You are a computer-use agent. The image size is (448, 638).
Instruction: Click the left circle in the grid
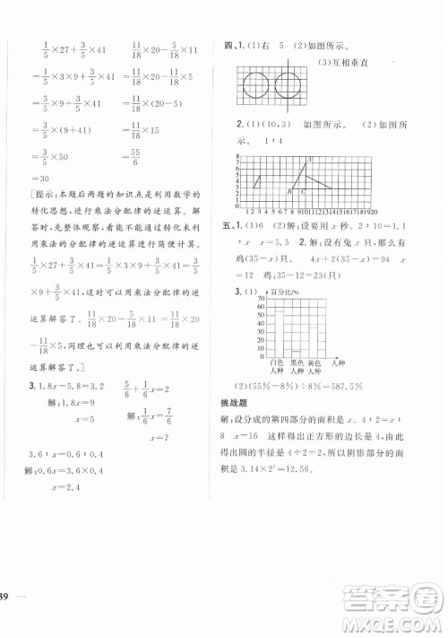pyautogui.click(x=257, y=89)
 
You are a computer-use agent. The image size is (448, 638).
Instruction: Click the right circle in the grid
pyautogui.click(x=289, y=89)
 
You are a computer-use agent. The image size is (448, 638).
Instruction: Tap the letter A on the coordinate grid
pyautogui.click(x=309, y=161)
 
